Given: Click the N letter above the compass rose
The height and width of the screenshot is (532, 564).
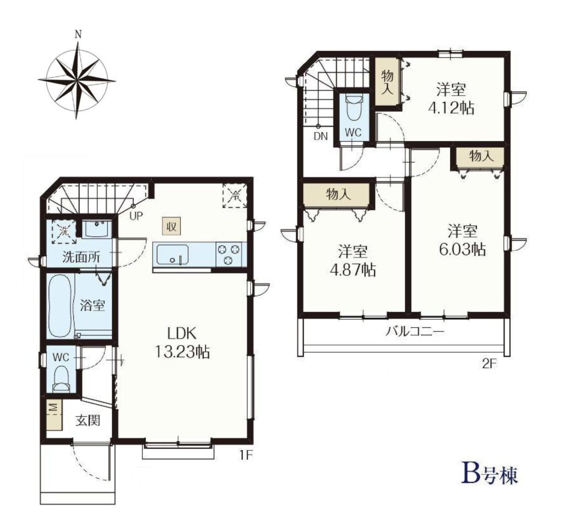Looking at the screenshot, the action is tap(78, 35).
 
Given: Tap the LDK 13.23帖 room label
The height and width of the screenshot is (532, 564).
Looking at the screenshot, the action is tap(182, 343).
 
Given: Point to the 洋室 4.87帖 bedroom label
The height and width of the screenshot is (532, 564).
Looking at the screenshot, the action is tap(353, 260).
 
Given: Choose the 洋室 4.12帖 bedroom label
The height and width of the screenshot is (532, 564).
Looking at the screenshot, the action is tap(451, 98).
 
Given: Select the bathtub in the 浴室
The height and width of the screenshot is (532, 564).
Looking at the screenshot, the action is tap(59, 306).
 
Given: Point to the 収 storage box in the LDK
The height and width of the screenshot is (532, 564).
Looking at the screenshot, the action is tap(171, 226).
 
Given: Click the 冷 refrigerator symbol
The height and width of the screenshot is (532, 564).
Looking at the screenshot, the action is tap(235, 196).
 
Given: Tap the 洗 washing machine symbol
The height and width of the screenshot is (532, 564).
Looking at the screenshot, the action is tap(64, 232).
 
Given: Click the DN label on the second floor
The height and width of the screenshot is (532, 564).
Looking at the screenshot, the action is tap(321, 136).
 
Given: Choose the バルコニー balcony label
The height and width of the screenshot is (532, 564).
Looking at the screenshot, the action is tap(415, 331).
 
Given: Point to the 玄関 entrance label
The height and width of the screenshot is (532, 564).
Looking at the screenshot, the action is tap(88, 420).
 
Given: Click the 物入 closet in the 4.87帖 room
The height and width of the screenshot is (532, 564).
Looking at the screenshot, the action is tap(337, 194).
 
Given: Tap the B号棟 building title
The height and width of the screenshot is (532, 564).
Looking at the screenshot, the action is tap(490, 474).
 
